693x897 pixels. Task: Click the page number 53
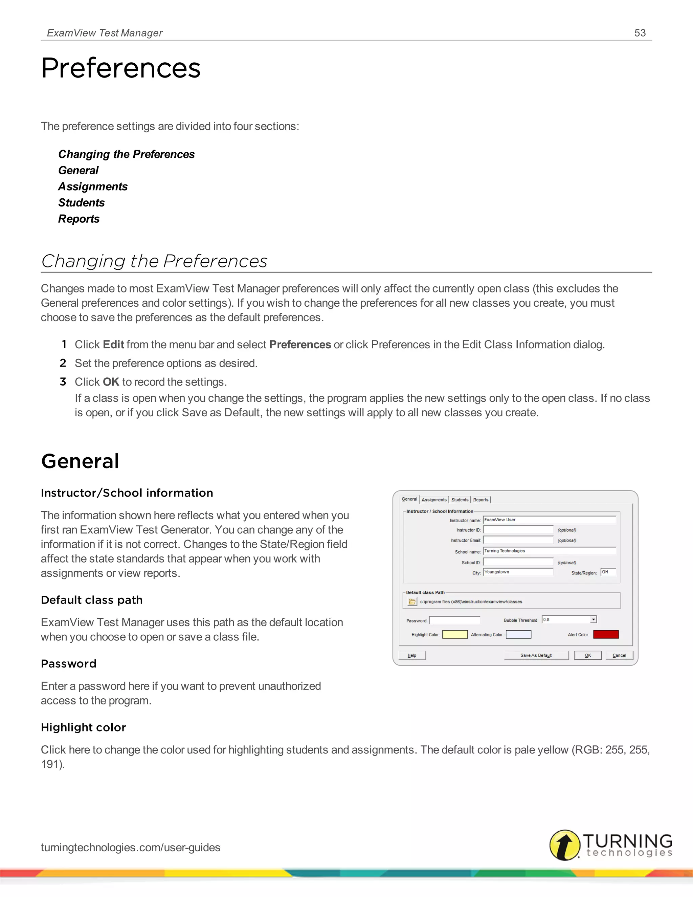[x=640, y=33]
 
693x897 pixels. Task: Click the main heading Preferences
[x=121, y=68]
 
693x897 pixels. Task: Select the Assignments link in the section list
[x=93, y=187]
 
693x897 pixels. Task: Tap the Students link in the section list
[x=81, y=202]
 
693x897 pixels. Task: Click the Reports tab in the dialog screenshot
[x=481, y=500]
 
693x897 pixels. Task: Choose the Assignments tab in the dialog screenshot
[x=434, y=500]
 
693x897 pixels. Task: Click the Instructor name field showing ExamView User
[x=549, y=520]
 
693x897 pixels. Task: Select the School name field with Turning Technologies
[x=549, y=551]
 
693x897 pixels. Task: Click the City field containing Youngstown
[x=518, y=572]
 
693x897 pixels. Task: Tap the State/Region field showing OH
[x=608, y=572]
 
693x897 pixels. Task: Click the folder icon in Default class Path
[x=412, y=602]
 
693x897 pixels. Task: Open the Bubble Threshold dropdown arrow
[x=593, y=619]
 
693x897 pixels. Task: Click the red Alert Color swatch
[x=606, y=635]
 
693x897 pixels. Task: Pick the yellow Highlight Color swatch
[x=454, y=635]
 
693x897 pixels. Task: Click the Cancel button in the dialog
[x=619, y=656]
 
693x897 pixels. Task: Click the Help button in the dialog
[x=412, y=656]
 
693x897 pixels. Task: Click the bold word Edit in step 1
[x=113, y=345]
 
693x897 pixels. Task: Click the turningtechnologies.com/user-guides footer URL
[x=131, y=847]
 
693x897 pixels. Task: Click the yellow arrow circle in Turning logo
[x=565, y=845]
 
